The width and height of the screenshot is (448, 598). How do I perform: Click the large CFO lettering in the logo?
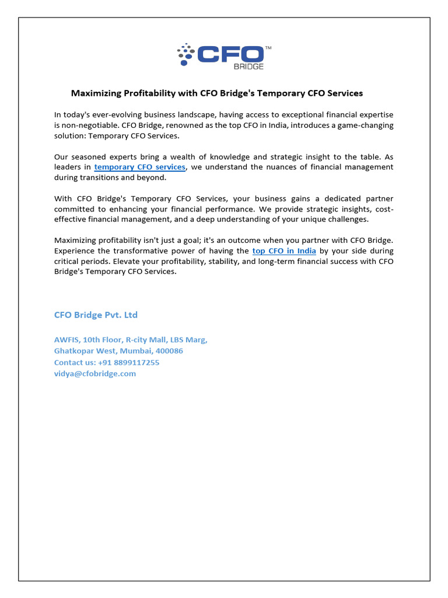(230, 54)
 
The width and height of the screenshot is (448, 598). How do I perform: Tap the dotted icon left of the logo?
(185, 53)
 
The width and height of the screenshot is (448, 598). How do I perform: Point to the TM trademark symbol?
(268, 47)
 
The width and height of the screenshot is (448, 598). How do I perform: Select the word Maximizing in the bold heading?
(94, 93)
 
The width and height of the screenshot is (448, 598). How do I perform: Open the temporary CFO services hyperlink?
(139, 167)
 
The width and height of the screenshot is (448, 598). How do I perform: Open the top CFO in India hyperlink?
(284, 251)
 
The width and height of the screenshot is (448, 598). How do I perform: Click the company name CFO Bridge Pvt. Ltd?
(96, 315)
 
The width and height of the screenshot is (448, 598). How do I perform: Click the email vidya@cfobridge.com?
(95, 374)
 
